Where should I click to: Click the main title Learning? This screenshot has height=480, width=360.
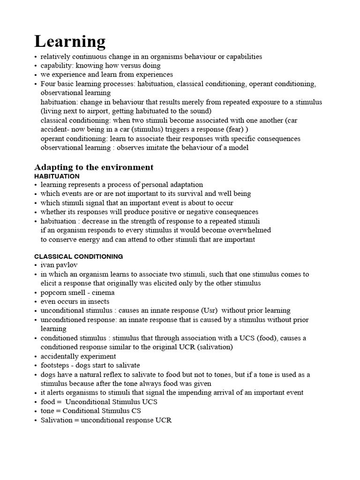[x=70, y=42]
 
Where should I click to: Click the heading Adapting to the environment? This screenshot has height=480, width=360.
[x=94, y=167]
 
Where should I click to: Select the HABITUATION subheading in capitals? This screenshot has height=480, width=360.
[x=57, y=176]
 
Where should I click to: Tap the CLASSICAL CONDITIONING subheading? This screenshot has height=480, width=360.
[x=79, y=256]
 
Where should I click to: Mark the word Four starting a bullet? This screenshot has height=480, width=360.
[x=48, y=84]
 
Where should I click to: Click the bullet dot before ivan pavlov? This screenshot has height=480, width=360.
[x=36, y=265]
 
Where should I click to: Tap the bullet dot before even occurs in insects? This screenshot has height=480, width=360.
[x=36, y=301]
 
